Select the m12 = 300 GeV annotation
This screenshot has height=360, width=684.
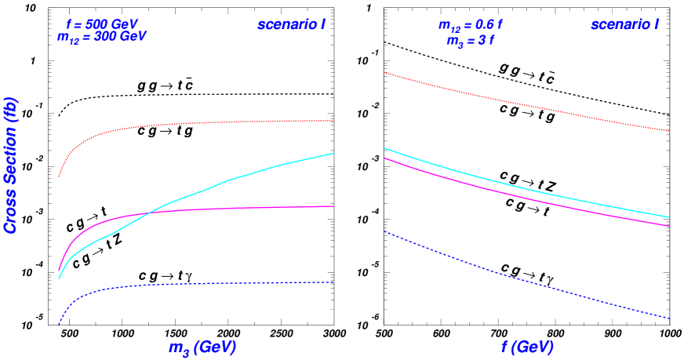[x=102, y=37]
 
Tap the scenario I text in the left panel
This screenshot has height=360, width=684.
[x=291, y=24]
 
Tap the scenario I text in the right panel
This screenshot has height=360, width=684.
[x=624, y=24]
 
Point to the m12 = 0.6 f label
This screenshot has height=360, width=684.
[x=470, y=25]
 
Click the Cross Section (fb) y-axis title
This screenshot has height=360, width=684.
[x=11, y=165]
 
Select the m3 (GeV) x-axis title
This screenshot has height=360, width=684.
[x=202, y=347]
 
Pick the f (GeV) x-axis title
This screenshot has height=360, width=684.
[x=527, y=347]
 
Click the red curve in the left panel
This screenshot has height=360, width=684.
[x=196, y=123]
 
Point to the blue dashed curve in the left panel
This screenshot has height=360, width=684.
[x=196, y=284]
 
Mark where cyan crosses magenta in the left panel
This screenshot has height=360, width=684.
[x=148, y=213]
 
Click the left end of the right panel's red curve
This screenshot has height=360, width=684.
[x=384, y=73]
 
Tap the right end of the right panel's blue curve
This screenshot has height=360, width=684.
[x=668, y=318]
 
